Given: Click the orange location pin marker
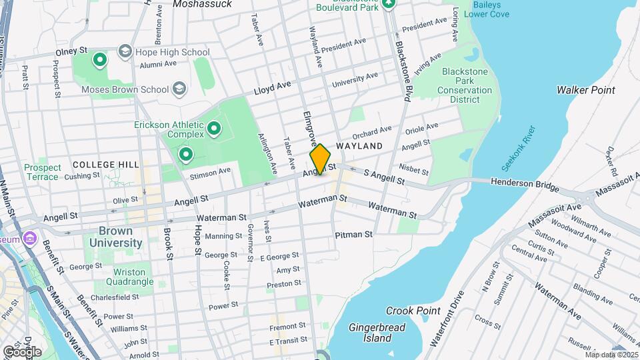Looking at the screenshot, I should tap(320, 159).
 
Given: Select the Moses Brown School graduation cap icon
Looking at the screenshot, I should tap(179, 88).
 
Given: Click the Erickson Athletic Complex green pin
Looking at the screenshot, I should tap(214, 127).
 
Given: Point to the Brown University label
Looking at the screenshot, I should tap(111, 237).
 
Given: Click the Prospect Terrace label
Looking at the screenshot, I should tap(43, 172).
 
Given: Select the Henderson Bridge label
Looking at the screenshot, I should tap(523, 182).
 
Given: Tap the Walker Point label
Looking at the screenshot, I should tap(586, 89).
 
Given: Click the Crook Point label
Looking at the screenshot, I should tap(413, 311).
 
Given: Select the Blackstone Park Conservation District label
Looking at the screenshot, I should tap(465, 85).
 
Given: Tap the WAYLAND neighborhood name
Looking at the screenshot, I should tap(359, 145).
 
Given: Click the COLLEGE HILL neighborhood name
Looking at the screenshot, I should tap(106, 164).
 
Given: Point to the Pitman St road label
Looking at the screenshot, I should tap(353, 235).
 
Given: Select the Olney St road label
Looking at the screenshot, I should tap(71, 51).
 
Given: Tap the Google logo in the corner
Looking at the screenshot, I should tap(22, 351).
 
